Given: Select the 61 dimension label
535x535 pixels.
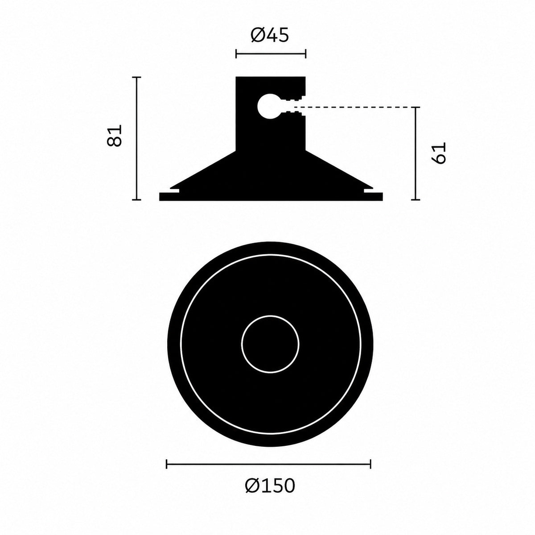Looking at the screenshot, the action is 439,153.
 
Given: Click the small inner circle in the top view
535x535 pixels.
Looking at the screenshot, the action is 270,344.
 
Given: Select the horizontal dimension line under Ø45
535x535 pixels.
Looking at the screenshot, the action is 271,54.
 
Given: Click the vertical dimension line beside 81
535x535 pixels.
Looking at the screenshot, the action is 136,138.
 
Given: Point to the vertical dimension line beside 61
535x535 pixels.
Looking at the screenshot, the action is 416,153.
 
